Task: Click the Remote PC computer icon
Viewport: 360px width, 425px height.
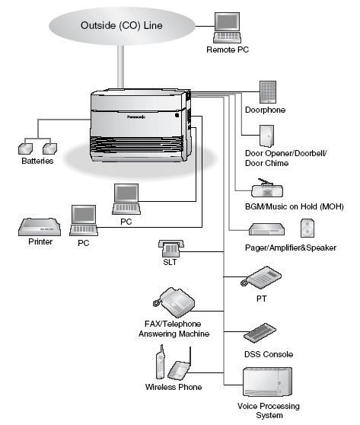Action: click(x=227, y=27)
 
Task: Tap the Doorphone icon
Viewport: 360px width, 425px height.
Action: click(x=268, y=92)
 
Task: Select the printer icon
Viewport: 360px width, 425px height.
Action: click(x=40, y=227)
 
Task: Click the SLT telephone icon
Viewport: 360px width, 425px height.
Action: click(x=171, y=248)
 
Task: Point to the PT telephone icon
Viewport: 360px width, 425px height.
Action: click(x=261, y=277)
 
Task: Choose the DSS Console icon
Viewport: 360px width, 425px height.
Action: click(x=260, y=333)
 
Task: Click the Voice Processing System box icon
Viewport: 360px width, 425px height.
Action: click(x=267, y=382)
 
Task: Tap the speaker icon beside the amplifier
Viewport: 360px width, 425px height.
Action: click(x=307, y=228)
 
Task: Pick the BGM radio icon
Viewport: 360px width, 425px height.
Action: click(x=267, y=188)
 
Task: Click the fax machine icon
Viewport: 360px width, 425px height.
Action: click(x=174, y=302)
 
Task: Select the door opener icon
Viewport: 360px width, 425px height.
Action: click(x=266, y=136)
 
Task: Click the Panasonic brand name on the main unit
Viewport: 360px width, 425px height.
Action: click(x=136, y=117)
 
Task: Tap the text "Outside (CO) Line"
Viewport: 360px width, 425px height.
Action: click(x=122, y=25)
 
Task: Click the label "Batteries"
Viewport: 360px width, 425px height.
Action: click(x=37, y=161)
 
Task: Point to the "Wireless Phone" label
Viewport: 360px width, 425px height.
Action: click(x=174, y=387)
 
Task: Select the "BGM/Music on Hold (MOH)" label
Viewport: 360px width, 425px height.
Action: click(x=295, y=206)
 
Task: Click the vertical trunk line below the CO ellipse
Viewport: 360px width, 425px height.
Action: click(x=121, y=66)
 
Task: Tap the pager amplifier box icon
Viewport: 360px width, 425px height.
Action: click(x=267, y=229)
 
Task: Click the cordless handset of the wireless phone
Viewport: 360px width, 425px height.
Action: click(x=161, y=362)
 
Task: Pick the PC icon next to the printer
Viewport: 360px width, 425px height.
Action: click(x=84, y=220)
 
